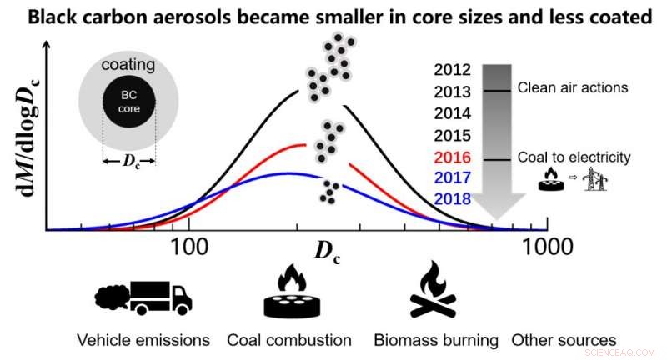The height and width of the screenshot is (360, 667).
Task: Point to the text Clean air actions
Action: coord(572,87)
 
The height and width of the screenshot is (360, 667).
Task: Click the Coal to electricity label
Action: coord(574,157)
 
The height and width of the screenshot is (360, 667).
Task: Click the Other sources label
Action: coord(564,340)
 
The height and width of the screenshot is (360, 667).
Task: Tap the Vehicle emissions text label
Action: coord(143,340)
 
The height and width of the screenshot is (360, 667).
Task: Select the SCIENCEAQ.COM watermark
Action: coord(624,352)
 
